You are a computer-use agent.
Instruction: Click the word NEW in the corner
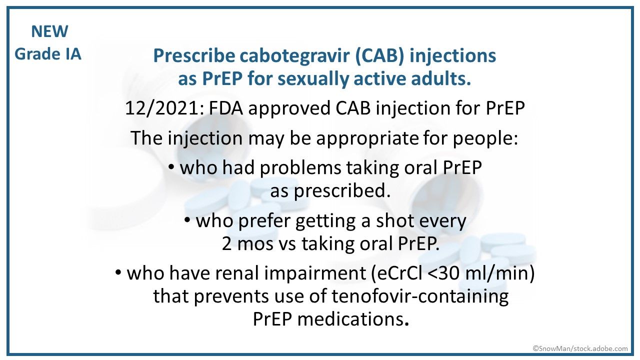point(49,31)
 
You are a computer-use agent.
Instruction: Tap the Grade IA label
point(48,53)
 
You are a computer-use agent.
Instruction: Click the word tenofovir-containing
point(420,296)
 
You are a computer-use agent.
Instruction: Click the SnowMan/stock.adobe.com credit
point(579,348)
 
